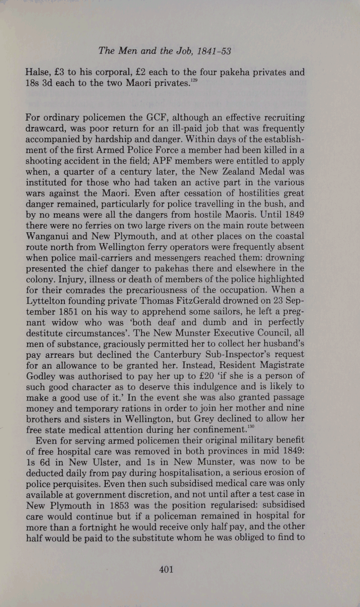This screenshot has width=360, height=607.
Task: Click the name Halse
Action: click(x=37, y=72)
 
